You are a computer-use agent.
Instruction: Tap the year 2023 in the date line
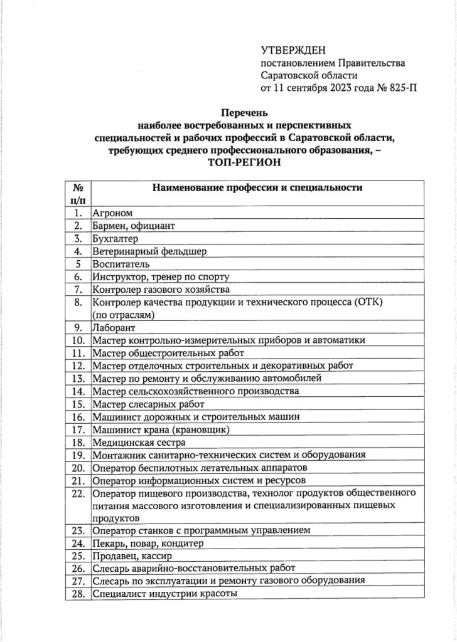[337, 87]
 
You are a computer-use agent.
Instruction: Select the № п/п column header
[78, 193]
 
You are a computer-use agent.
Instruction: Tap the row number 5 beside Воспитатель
[78, 264]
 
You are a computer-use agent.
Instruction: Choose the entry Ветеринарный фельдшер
[149, 251]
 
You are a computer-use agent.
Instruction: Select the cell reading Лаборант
[114, 327]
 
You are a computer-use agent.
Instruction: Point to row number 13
[78, 378]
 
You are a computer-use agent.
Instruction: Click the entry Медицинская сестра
[134, 441]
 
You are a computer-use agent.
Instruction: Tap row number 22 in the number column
[78, 493]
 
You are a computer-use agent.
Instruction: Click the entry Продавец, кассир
[132, 555]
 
